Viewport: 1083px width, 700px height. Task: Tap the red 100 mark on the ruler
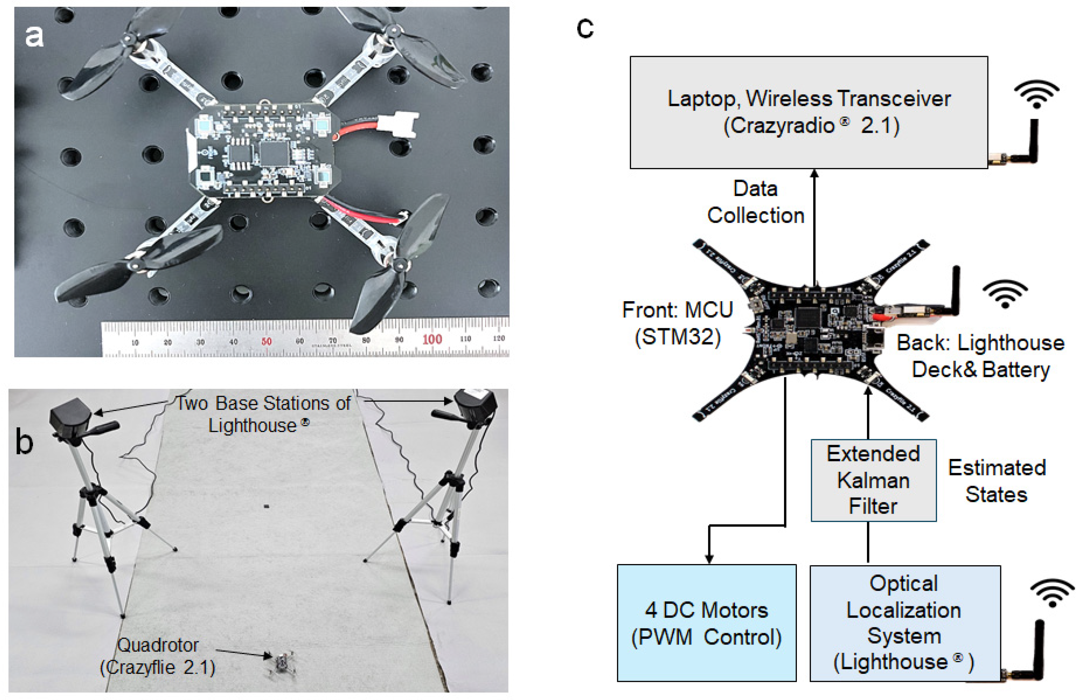[431, 339]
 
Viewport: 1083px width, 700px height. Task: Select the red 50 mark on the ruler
[266, 341]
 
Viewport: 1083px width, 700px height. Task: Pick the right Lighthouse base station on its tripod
[475, 405]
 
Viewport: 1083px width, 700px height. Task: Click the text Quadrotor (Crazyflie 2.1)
[157, 656]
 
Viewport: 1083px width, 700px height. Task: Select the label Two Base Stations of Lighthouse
[263, 414]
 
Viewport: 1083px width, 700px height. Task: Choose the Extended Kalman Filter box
[873, 480]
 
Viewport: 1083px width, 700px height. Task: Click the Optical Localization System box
[905, 623]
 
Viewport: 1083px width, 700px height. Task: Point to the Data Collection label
[755, 202]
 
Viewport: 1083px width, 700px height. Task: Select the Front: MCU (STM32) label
[677, 323]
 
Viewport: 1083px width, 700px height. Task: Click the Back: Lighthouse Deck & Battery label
[980, 356]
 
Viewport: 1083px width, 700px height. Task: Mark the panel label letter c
[585, 28]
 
